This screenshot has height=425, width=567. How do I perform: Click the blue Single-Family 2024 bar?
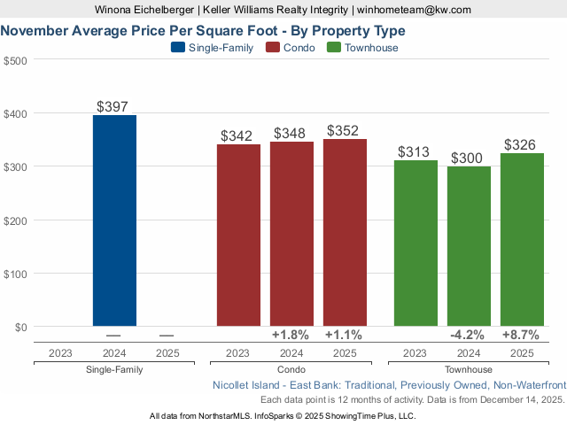click(x=114, y=220)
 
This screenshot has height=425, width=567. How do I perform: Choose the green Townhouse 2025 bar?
click(x=522, y=239)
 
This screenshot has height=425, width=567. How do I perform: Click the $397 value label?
click(x=114, y=106)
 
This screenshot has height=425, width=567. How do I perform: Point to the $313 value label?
click(x=416, y=151)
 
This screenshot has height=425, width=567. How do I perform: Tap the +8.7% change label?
click(x=521, y=335)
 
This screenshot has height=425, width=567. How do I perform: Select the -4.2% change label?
click(x=468, y=335)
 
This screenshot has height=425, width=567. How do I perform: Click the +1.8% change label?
click(x=291, y=335)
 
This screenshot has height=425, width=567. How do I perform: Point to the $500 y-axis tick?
click(x=16, y=60)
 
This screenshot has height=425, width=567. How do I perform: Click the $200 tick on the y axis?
click(x=16, y=220)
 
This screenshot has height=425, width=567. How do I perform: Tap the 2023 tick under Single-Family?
click(x=61, y=352)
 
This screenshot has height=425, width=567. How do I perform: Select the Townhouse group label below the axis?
click(x=469, y=369)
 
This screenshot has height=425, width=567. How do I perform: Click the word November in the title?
click(x=34, y=29)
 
